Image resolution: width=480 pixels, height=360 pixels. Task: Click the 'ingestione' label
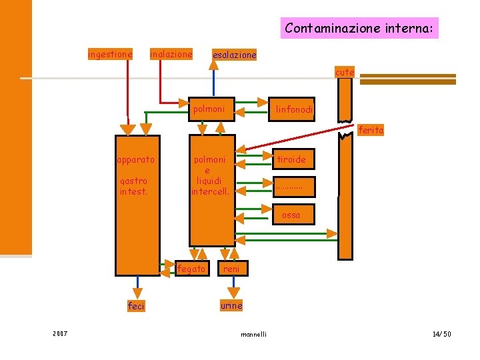[x=110, y=54]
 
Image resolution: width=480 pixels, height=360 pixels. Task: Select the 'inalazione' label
[x=171, y=54]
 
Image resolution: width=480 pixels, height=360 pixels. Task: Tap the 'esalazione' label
[x=234, y=55]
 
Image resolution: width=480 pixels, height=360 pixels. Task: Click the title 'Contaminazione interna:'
[x=359, y=28]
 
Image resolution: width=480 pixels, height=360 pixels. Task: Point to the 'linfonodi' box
[x=292, y=109]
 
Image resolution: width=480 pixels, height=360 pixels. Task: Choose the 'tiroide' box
[x=293, y=159]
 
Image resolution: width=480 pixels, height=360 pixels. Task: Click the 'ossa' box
[x=293, y=215]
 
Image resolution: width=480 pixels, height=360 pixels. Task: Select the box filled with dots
[x=294, y=187]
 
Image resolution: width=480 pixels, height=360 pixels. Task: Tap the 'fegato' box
[x=192, y=269]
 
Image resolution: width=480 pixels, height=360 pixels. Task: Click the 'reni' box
[x=233, y=269]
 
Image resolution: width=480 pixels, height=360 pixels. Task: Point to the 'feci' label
[x=136, y=306]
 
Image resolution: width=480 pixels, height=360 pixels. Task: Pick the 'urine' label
[x=231, y=305]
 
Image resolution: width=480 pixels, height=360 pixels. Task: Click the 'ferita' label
[x=371, y=130]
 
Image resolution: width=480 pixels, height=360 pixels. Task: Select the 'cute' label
[x=345, y=72]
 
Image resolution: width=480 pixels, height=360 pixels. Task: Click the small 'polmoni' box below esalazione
[x=211, y=109]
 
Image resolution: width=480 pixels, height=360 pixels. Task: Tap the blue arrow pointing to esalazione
[x=214, y=79]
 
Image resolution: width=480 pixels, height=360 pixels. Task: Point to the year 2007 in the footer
[x=60, y=334]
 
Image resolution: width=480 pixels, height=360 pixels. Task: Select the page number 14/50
[x=442, y=334]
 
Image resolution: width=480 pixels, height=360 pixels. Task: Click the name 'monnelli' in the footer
[x=253, y=334]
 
